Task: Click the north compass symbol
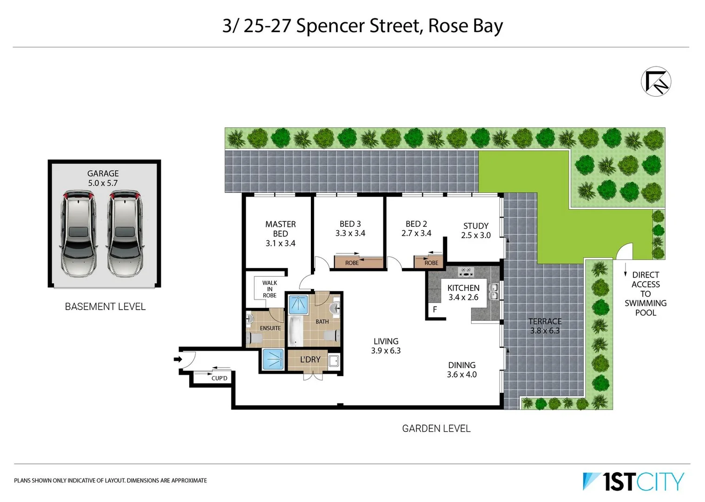coord(656,81)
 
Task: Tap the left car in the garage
coord(78,232)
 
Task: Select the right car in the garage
coord(125,232)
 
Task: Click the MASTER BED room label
coord(280,229)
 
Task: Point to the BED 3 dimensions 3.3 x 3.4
coord(350,233)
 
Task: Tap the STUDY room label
coord(475,226)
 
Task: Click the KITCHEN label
coord(463,288)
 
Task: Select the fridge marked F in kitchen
coord(435,310)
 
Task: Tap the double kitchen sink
coord(493,292)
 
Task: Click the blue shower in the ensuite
coord(273,359)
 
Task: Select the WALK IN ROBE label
coord(269,289)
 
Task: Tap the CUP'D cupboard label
coord(219,378)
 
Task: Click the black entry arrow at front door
coord(178,359)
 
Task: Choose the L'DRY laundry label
coord(310,359)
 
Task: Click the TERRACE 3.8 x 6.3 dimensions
coord(545,331)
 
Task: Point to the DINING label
coord(461,365)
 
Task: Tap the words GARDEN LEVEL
coord(436,429)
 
